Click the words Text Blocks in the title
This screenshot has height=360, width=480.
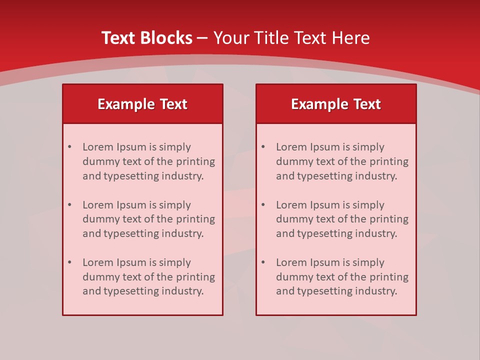pyautogui.click(x=146, y=38)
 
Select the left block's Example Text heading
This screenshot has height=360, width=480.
pyautogui.click(x=142, y=104)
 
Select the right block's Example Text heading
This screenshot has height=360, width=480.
pyautogui.click(x=336, y=104)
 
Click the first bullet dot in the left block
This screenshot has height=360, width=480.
pyautogui.click(x=69, y=147)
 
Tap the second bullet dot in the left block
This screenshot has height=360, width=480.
pyautogui.click(x=69, y=205)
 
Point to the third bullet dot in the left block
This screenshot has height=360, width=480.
pyautogui.click(x=69, y=262)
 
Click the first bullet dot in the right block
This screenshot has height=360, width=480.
pyautogui.click(x=263, y=147)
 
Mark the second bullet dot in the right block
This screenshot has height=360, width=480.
pyautogui.click(x=263, y=205)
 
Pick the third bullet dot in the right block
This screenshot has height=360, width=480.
pyautogui.click(x=263, y=262)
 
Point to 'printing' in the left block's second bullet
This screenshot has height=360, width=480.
pyautogui.click(x=196, y=219)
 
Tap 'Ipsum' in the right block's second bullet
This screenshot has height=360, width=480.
pyautogui.click(x=325, y=205)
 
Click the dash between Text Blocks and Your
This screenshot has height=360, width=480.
pyautogui.click(x=202, y=38)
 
